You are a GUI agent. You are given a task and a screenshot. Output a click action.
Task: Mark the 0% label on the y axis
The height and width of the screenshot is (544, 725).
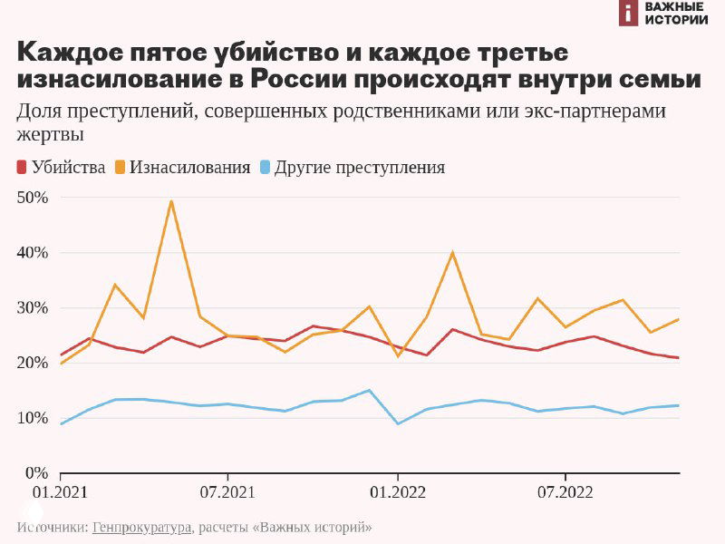point(35,473)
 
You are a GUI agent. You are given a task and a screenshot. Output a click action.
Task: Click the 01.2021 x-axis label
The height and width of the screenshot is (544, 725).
point(60,493)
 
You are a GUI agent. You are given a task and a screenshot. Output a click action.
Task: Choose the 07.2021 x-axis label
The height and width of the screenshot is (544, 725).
point(227,493)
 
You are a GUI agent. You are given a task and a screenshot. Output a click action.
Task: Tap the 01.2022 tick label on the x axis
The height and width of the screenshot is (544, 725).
point(397,493)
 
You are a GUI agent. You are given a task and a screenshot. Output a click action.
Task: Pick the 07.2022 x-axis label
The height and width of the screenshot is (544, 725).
point(565,493)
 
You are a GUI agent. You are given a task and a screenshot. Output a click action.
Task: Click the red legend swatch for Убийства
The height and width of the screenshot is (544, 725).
point(22,168)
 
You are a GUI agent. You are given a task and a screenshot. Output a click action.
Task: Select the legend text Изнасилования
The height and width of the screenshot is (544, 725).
point(189,168)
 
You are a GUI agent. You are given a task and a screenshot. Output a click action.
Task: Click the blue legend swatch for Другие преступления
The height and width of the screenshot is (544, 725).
point(264,168)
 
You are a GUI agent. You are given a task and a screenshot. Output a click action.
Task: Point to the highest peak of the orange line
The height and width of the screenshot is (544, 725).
point(171,200)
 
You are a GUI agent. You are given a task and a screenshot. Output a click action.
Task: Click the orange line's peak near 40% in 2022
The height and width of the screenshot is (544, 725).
point(452,252)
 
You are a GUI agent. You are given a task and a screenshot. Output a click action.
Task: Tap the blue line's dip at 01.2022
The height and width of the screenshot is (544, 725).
point(397,423)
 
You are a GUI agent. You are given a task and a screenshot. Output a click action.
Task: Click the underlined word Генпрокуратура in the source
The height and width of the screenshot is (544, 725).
point(142,527)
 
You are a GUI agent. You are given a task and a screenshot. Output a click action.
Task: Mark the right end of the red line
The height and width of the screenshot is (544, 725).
point(679,357)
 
